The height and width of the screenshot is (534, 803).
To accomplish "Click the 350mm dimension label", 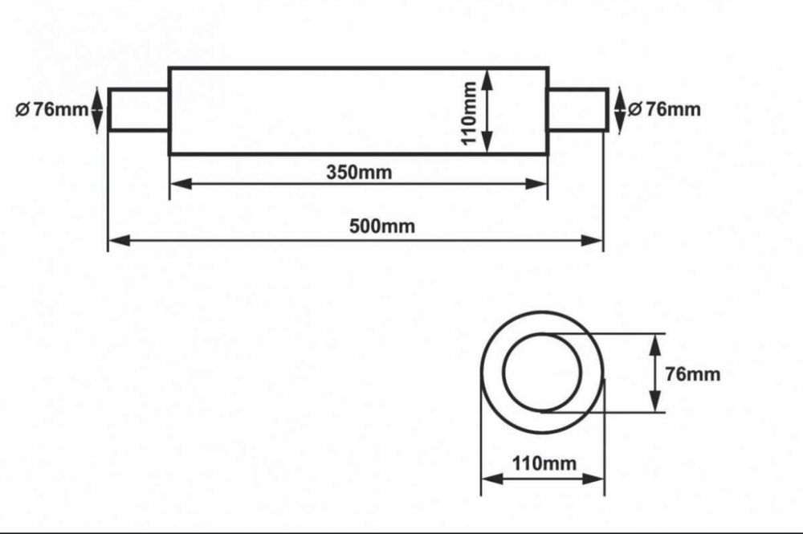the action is (x=359, y=172).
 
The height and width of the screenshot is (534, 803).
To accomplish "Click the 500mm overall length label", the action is (x=382, y=226).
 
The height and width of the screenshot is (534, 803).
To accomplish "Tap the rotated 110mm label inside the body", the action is (x=469, y=112).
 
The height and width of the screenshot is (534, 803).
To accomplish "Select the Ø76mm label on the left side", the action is (x=51, y=109).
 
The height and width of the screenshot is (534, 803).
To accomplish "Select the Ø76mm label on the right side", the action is (x=664, y=109).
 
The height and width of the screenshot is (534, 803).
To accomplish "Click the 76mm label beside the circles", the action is (x=692, y=374).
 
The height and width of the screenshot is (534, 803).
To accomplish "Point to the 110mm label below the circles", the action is (x=544, y=463).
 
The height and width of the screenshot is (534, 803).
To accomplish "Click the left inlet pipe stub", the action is (x=139, y=109).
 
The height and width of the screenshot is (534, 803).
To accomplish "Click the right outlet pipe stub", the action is (x=578, y=109).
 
